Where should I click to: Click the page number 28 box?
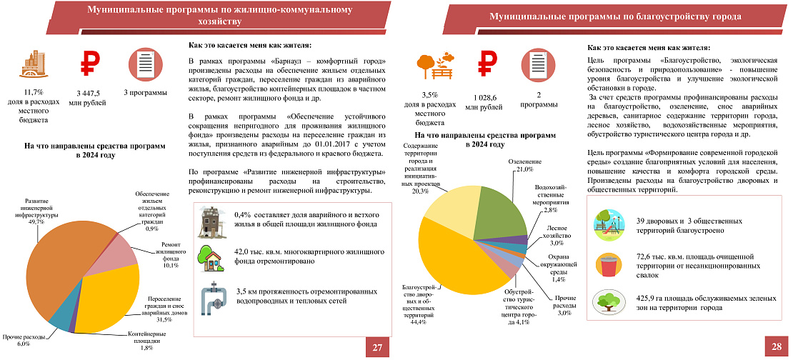pos(776,347)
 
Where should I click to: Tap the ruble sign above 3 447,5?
pos(87,66)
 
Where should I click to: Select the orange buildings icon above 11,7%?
pos(33,66)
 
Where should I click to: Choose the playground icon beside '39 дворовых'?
pos(609,225)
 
